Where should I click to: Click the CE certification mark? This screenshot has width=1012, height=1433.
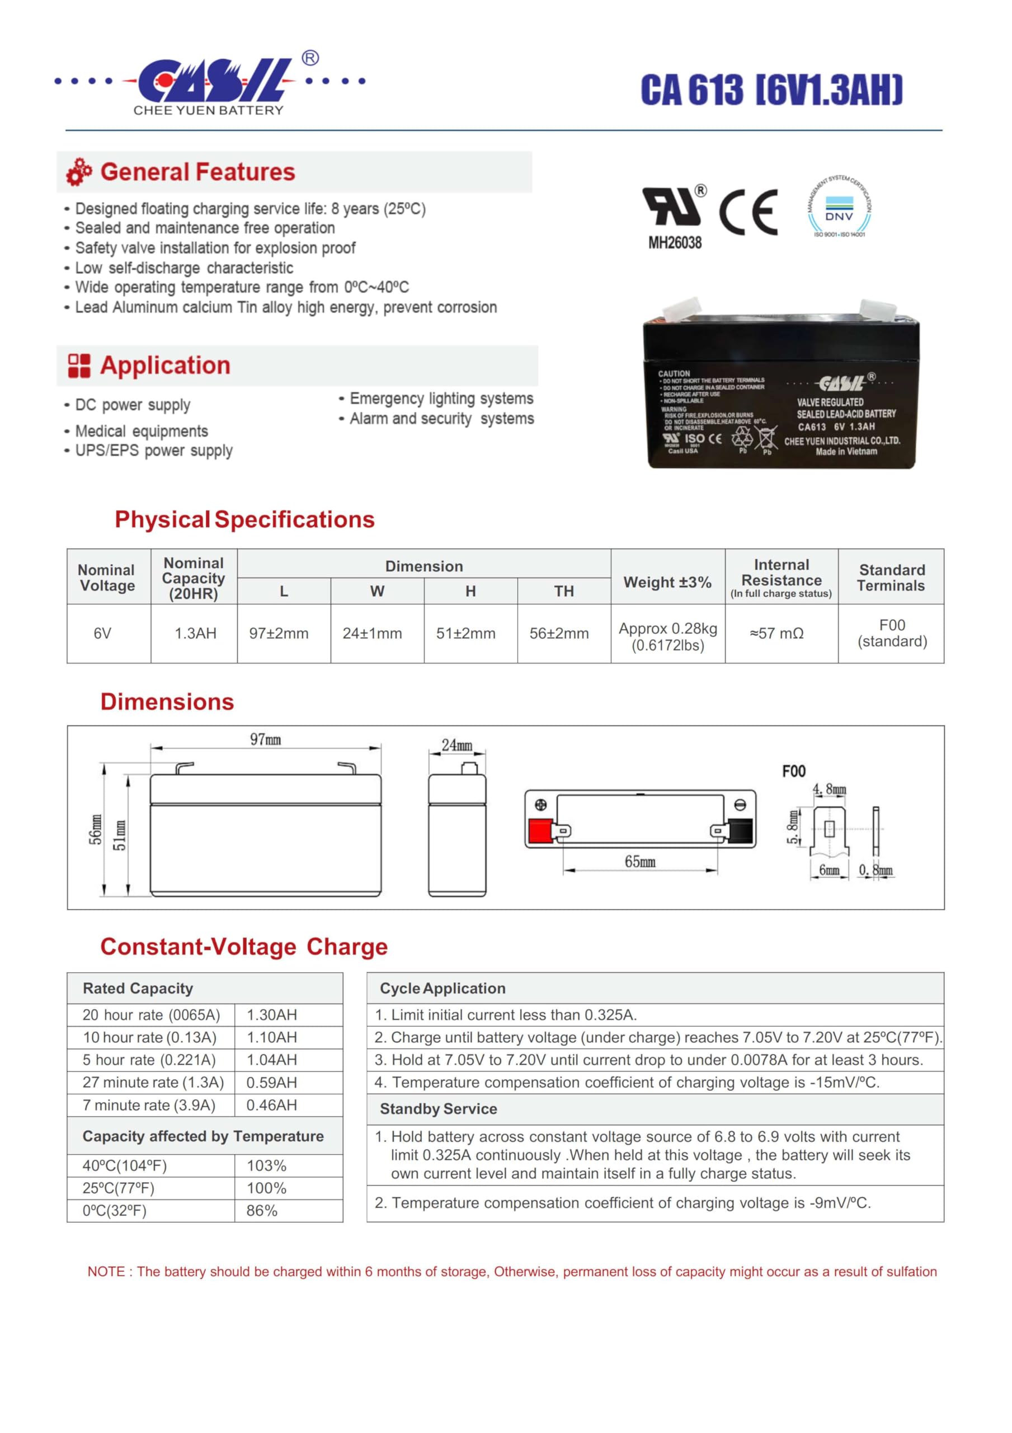(x=748, y=212)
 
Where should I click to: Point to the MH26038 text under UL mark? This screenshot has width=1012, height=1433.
(x=675, y=243)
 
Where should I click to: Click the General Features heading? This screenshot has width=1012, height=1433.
(x=197, y=172)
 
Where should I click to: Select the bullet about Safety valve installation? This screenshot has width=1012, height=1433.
(x=215, y=248)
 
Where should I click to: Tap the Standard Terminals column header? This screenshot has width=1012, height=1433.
(x=891, y=577)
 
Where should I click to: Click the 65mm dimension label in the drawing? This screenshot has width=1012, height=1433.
(x=639, y=862)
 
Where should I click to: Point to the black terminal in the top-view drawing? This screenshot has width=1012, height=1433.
(x=741, y=831)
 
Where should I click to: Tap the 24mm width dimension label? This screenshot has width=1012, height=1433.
(x=456, y=745)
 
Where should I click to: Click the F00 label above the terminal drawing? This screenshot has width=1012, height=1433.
(x=794, y=771)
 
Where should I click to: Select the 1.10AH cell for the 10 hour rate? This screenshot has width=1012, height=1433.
(x=271, y=1037)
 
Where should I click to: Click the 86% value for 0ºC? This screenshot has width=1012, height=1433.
(x=261, y=1211)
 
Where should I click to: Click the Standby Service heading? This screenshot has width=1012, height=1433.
(x=438, y=1109)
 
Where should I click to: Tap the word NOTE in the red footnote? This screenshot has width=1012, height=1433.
(x=107, y=1272)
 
